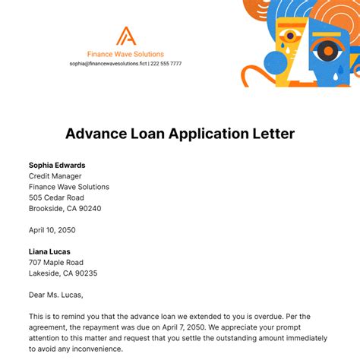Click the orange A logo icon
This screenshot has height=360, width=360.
pyautogui.click(x=125, y=36)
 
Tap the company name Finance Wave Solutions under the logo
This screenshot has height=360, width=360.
pyautogui.click(x=125, y=54)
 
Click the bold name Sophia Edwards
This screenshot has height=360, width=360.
pyautogui.click(x=57, y=165)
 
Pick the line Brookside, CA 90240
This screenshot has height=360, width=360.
pyautogui.click(x=65, y=208)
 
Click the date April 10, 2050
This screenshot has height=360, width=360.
pyautogui.click(x=52, y=230)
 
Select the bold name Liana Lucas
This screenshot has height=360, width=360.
pyautogui.click(x=51, y=252)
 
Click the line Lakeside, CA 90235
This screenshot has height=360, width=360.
pyautogui.click(x=63, y=273)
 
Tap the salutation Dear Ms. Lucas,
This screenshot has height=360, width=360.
pyautogui.click(x=56, y=295)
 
